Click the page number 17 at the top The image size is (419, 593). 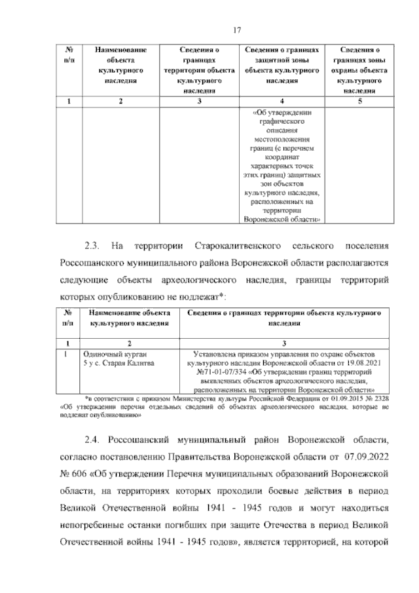tap(238, 29)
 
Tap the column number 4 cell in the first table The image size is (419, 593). tap(282, 101)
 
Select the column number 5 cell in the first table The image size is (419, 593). tap(359, 101)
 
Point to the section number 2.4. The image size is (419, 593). tap(91, 438)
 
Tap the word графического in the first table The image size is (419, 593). tap(282, 121)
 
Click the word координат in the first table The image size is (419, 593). tap(282, 157)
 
